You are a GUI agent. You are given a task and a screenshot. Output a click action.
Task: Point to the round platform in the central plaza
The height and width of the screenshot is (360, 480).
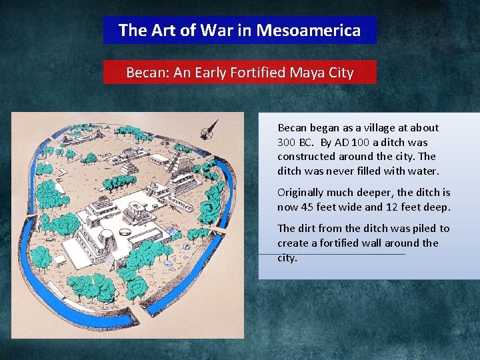125,231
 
